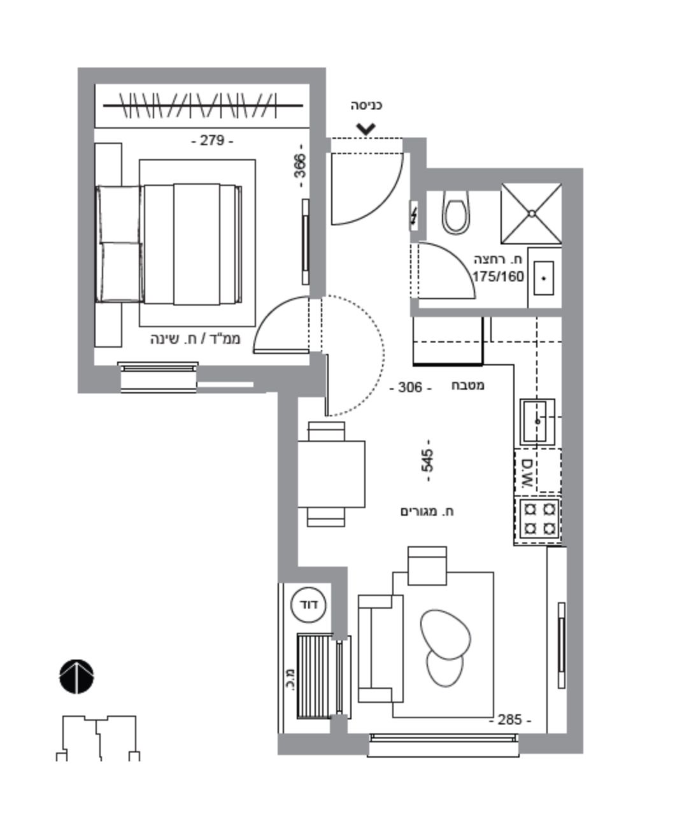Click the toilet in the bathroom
tap(456, 212)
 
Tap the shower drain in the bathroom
tap(532, 214)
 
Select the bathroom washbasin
tap(544, 278)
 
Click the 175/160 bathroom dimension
tap(498, 277)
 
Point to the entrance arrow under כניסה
tap(366, 129)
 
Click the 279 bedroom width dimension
tap(212, 141)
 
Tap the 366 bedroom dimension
tap(301, 166)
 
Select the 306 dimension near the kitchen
tap(410, 388)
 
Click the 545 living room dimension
tap(428, 460)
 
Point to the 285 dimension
tap(510, 720)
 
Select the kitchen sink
tap(537, 421)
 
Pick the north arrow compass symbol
tap(76, 676)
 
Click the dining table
tap(331, 474)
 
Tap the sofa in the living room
tap(380, 649)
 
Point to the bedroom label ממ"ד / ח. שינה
tap(195, 339)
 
